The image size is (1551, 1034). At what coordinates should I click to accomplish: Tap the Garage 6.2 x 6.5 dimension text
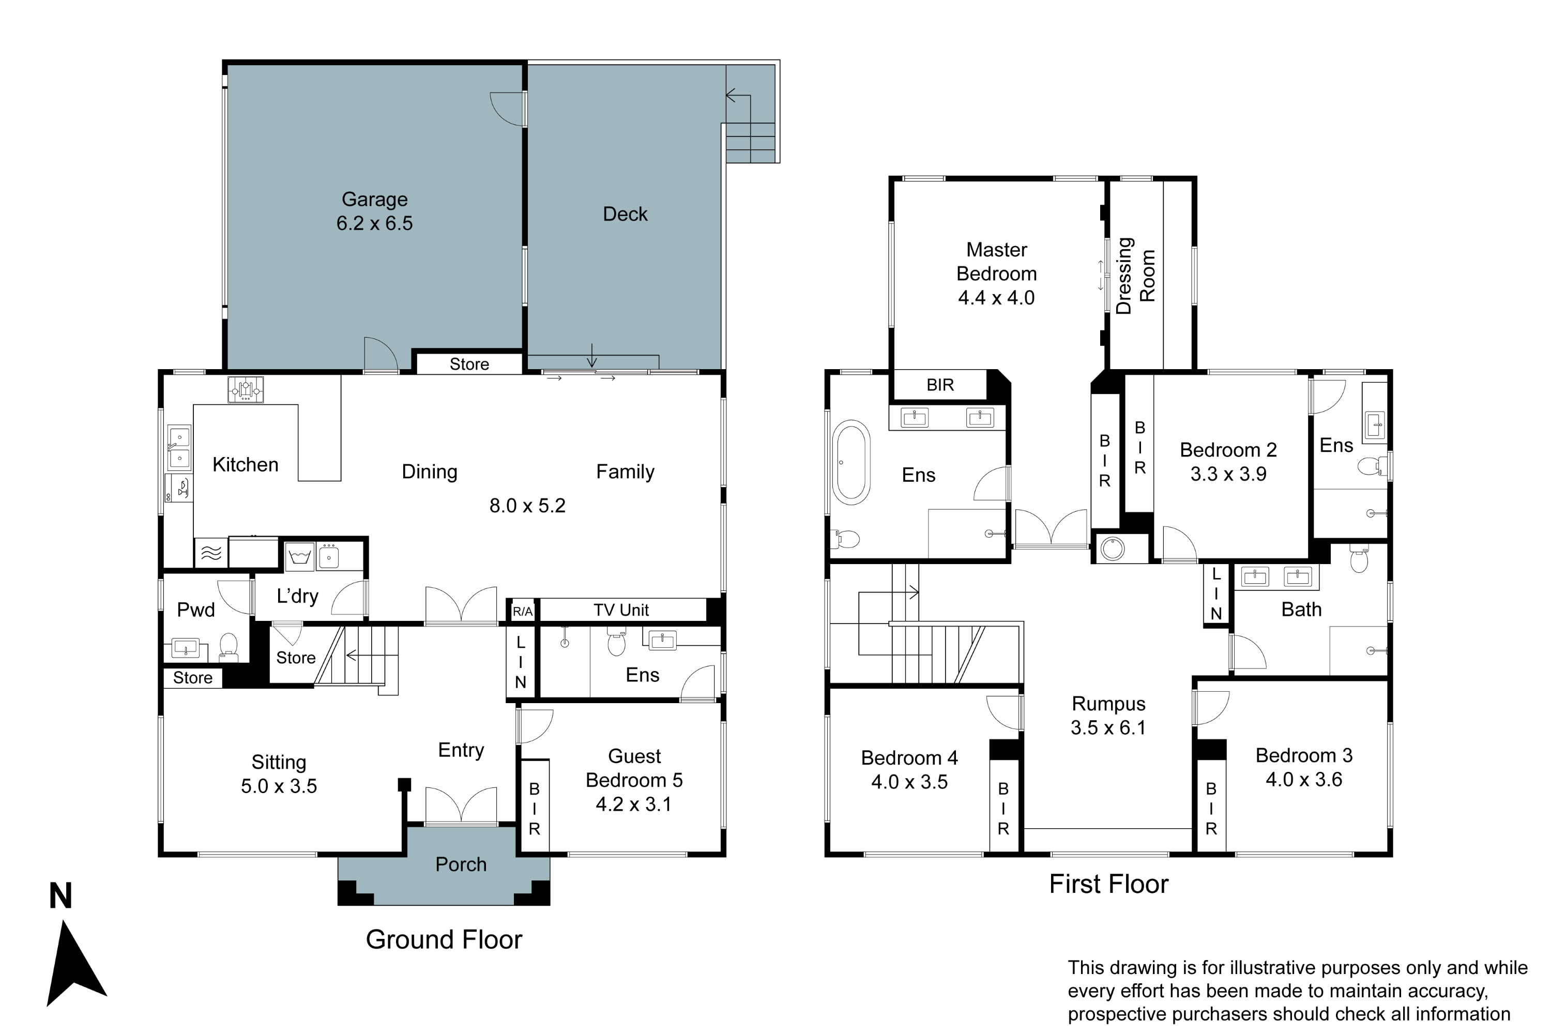point(374,223)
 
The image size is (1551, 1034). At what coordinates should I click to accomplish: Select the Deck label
point(625,215)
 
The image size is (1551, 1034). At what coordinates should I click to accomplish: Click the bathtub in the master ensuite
point(851,462)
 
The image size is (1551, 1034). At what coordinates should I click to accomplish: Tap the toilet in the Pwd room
point(228,646)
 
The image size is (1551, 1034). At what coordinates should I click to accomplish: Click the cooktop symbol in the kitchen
point(245,389)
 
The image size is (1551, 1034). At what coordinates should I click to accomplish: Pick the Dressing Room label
point(1135,276)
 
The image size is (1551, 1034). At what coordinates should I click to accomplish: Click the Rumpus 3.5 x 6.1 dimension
point(1108,728)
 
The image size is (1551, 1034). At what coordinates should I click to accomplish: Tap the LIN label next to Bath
point(1216,594)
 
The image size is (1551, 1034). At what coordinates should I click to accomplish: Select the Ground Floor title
point(444,940)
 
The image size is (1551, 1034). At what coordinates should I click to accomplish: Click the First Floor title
point(1108,884)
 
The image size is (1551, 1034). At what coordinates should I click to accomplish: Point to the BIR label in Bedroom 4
point(1003,809)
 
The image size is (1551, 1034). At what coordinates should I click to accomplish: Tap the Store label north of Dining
point(469,364)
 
